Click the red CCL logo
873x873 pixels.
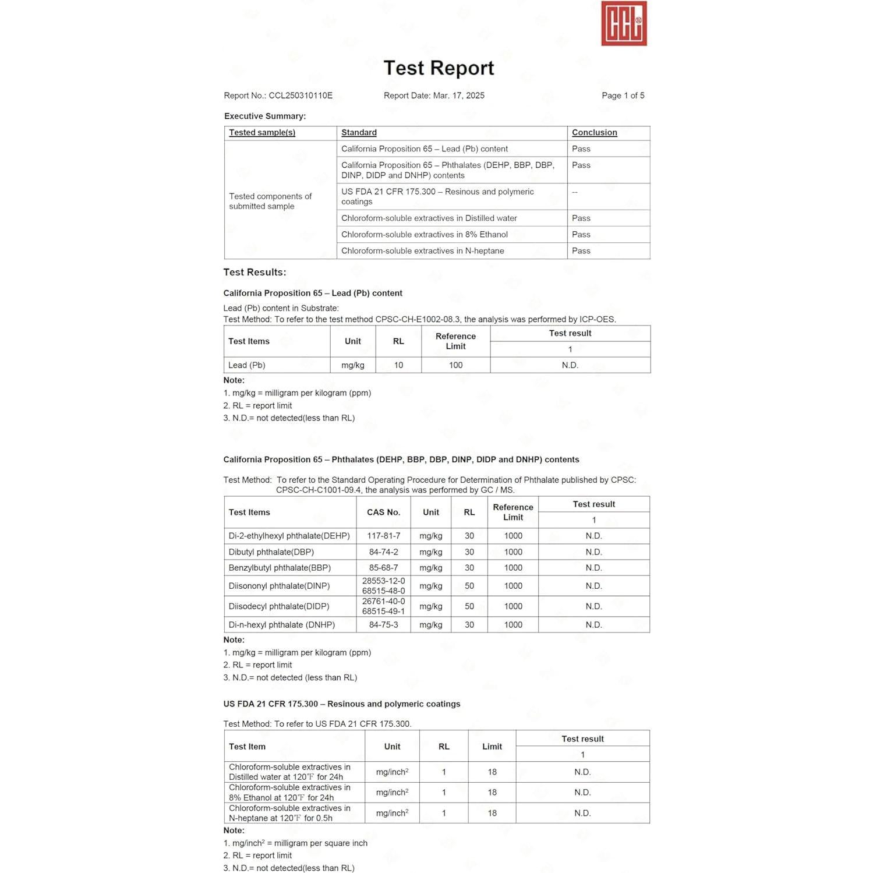click(624, 24)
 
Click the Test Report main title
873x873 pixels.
click(439, 68)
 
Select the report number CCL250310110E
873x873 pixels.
click(301, 96)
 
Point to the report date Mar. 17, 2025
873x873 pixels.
click(458, 96)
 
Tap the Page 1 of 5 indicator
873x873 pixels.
click(623, 96)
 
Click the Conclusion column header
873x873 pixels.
click(594, 133)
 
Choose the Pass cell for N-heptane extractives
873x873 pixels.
click(581, 251)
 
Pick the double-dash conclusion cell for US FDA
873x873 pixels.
click(575, 192)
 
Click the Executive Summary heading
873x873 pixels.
click(265, 116)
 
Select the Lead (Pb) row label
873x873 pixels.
click(247, 365)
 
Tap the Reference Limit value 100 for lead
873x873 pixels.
click(455, 365)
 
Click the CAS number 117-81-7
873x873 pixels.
click(383, 536)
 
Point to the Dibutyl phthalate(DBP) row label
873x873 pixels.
click(271, 552)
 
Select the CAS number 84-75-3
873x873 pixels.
click(383, 625)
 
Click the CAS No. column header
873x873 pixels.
click(383, 513)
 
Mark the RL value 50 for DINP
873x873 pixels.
click(469, 586)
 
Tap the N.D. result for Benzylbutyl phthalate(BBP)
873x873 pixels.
click(593, 568)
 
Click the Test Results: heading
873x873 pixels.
click(255, 273)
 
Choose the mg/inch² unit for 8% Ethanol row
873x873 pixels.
click(392, 793)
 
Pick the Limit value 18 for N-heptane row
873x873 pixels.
click(492, 813)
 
